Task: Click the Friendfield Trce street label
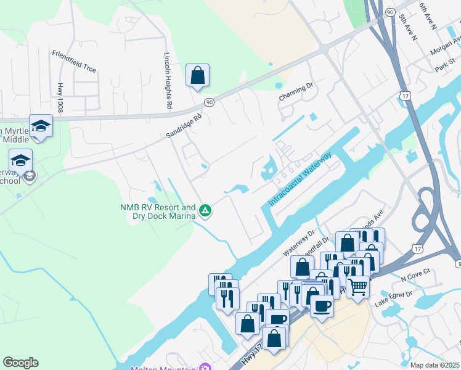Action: pos(74,61)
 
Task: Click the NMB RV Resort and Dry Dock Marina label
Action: pos(157,212)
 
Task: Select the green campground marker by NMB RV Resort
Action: pos(206,212)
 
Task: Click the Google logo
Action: pos(20,363)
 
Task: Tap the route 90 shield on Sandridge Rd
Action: pos(210,102)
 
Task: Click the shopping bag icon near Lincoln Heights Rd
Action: pos(197,76)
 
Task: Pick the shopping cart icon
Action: pos(357,286)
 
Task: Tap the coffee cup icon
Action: pos(322,305)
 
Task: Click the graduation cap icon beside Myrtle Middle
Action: pos(41,126)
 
